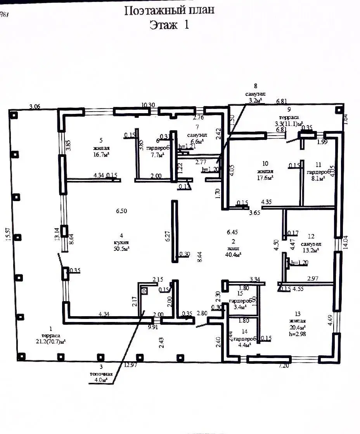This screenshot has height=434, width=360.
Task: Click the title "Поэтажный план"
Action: (x=169, y=10)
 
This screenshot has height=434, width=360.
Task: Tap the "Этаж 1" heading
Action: (x=170, y=25)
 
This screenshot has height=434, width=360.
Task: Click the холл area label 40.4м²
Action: (x=233, y=255)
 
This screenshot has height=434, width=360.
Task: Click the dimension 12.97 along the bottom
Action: (x=131, y=365)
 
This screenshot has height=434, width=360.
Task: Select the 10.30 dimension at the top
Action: (x=149, y=105)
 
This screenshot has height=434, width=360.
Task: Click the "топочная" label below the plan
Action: (x=101, y=374)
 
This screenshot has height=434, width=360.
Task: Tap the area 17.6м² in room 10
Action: (x=265, y=178)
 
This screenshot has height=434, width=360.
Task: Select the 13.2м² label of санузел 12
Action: (x=311, y=250)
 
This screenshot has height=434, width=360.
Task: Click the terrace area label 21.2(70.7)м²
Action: (x=50, y=341)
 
